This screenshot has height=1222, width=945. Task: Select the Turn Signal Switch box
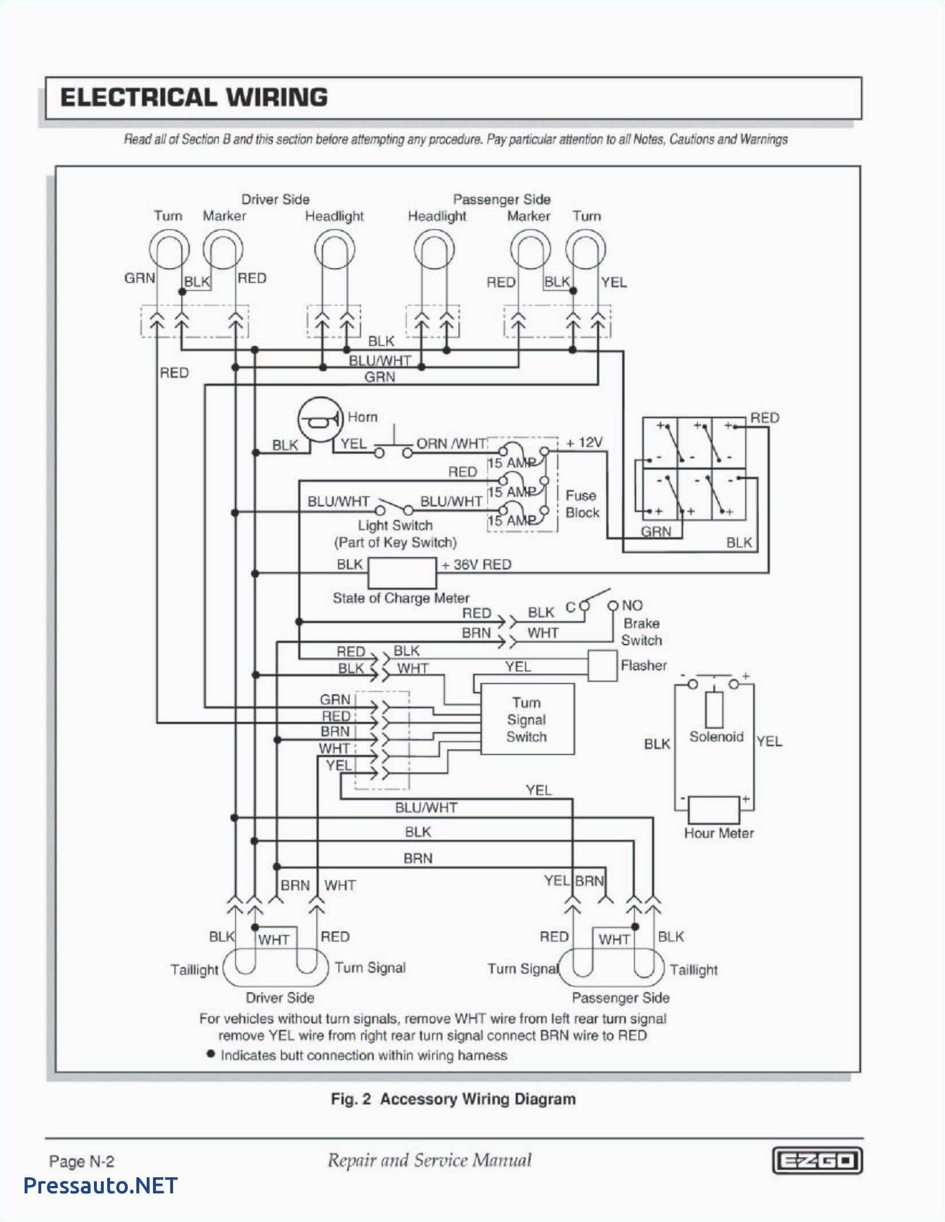(x=527, y=719)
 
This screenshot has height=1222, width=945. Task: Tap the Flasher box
(x=602, y=666)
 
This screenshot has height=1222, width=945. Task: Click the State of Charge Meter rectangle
(x=401, y=572)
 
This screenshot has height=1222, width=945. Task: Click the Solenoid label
(x=716, y=737)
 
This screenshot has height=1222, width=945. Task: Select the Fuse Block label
(x=581, y=504)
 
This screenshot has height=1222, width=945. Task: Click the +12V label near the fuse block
(x=584, y=442)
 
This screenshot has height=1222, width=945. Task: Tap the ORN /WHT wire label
(x=451, y=443)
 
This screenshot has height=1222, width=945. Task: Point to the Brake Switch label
(x=641, y=631)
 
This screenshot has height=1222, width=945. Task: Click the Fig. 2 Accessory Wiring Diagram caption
(x=453, y=1099)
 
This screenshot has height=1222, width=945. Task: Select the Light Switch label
(x=395, y=525)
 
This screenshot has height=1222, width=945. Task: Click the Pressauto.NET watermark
(x=101, y=1186)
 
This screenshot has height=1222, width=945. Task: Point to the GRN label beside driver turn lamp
(x=139, y=278)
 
